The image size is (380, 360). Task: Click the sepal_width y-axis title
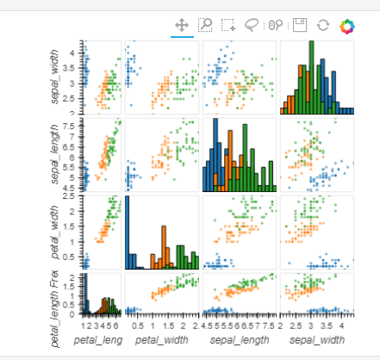tap(57, 77)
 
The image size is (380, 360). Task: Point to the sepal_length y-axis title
tap(57, 154)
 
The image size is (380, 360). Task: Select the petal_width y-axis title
tap(57, 232)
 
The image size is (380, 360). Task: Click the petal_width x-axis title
tap(161, 341)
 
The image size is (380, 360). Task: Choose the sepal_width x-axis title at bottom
tap(316, 341)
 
